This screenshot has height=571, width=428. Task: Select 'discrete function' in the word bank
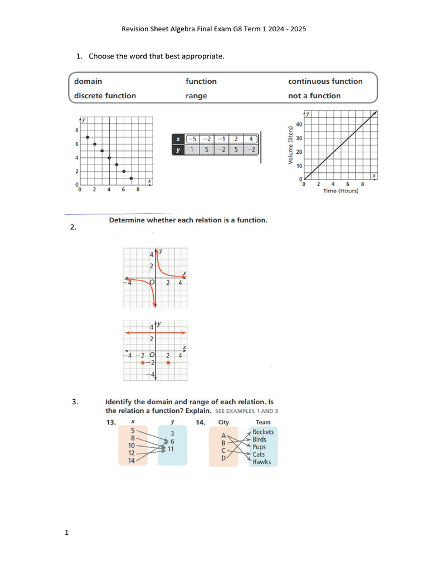[105, 96]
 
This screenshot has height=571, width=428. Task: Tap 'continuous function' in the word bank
[325, 81]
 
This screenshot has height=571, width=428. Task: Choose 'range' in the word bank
[196, 96]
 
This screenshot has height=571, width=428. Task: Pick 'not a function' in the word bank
[314, 96]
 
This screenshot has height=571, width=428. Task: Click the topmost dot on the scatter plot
[87, 137]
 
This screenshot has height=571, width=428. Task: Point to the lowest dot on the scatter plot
[131, 178]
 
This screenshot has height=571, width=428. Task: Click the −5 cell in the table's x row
[192, 139]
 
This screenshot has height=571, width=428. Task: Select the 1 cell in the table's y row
[192, 149]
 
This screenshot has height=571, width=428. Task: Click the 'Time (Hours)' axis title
[341, 191]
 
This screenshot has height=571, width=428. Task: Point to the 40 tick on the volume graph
[299, 124]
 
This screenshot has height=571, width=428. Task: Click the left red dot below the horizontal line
[143, 362]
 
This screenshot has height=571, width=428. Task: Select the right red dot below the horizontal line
[168, 362]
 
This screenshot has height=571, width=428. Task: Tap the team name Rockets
[263, 432]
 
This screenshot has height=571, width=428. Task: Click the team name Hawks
[261, 462]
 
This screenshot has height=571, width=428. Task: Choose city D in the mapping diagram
[223, 458]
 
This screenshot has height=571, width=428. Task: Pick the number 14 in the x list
[132, 461]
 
